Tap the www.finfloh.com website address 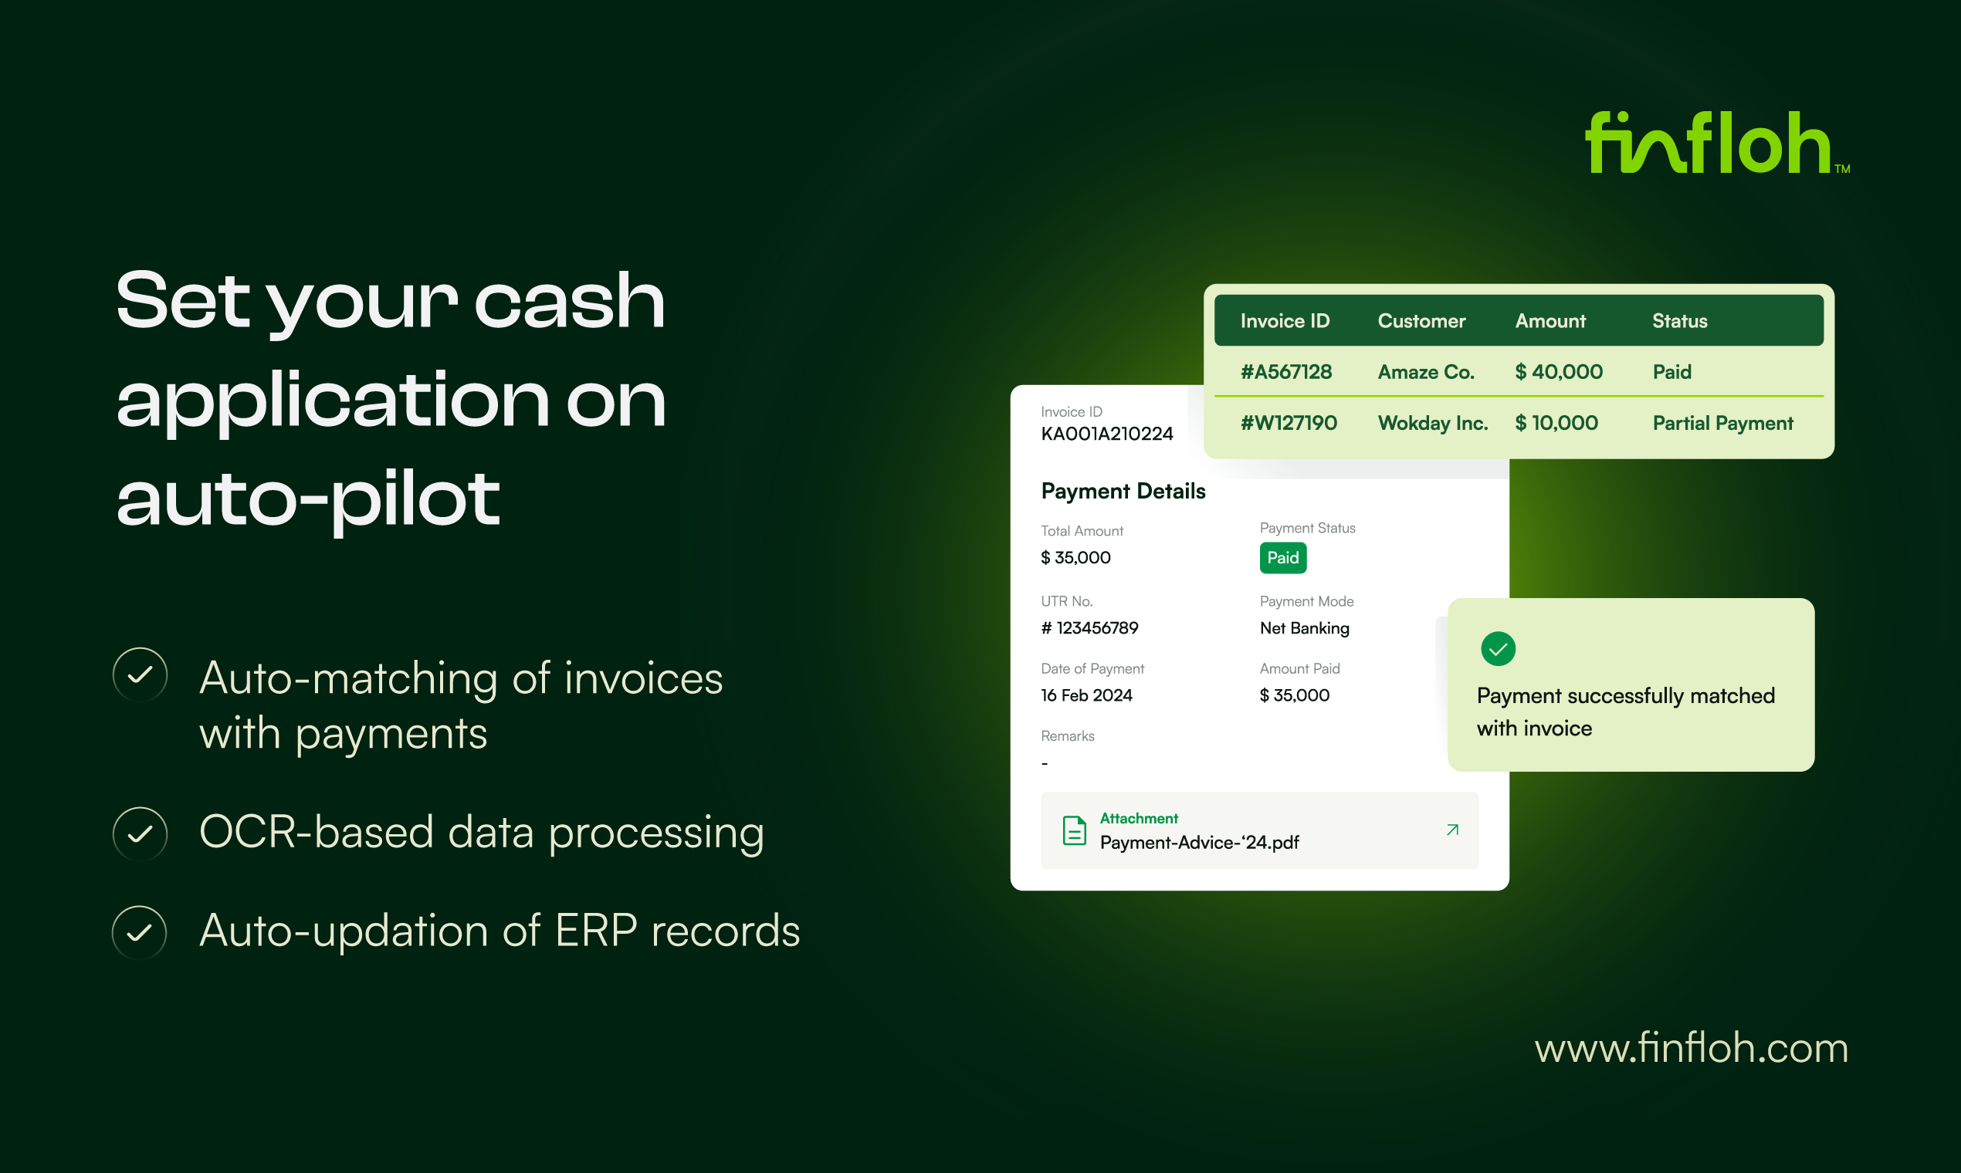pyautogui.click(x=1692, y=1048)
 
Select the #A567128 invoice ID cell pyautogui.click(x=1285, y=371)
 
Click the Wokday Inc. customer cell pyautogui.click(x=1433, y=423)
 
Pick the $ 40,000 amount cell pyautogui.click(x=1559, y=371)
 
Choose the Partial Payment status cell pyautogui.click(x=1722, y=424)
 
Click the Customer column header pyautogui.click(x=1421, y=321)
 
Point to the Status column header pyautogui.click(x=1679, y=321)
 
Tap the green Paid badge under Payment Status pyautogui.click(x=1282, y=558)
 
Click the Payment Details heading pyautogui.click(x=1123, y=492)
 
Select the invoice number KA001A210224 pyautogui.click(x=1106, y=434)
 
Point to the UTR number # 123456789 pyautogui.click(x=1089, y=628)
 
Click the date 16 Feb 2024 pyautogui.click(x=1086, y=695)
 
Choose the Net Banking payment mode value pyautogui.click(x=1304, y=628)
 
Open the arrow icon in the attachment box pyautogui.click(x=1451, y=830)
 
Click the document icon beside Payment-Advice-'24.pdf pyautogui.click(x=1074, y=830)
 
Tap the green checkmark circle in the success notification pyautogui.click(x=1498, y=650)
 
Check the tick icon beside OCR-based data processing pyautogui.click(x=140, y=834)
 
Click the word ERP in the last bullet pyautogui.click(x=595, y=931)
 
